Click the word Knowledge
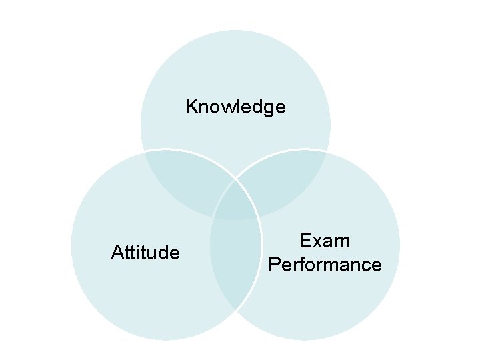coord(235,107)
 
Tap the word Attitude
coord(145,253)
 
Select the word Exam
coord(325,241)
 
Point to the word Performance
coord(325,265)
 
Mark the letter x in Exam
coord(317,241)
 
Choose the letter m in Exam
coord(342,241)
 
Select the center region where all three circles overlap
coord(235,200)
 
